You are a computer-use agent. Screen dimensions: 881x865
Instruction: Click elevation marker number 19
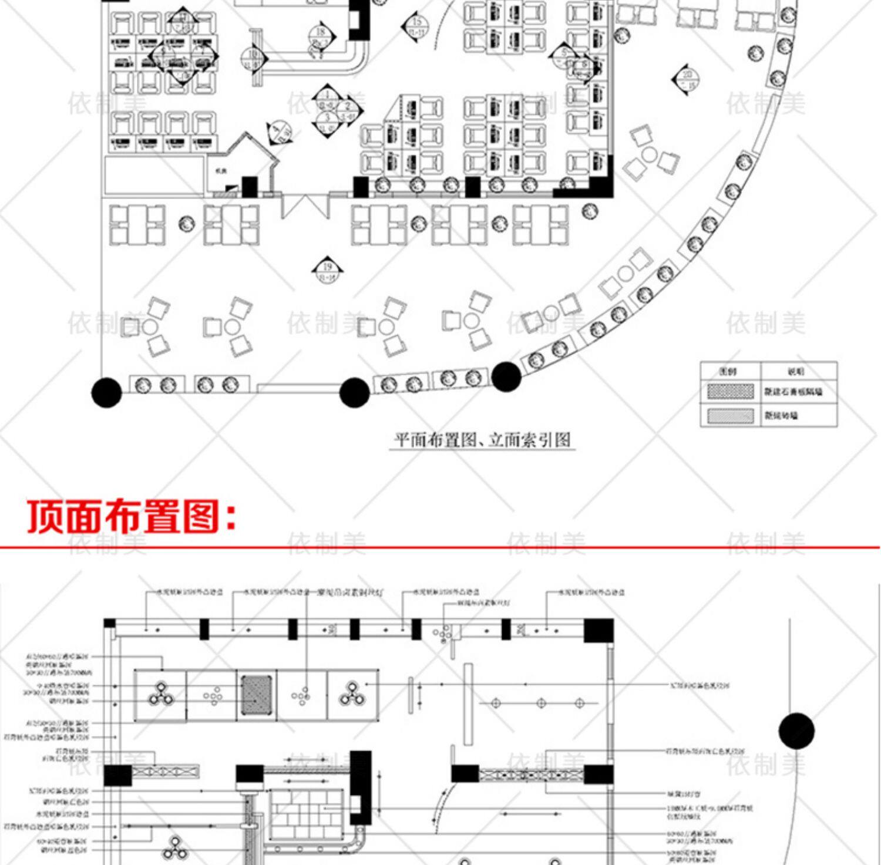click(327, 270)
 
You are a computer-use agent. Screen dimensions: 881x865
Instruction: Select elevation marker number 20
click(687, 79)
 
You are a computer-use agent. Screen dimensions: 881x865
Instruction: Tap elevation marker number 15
click(416, 26)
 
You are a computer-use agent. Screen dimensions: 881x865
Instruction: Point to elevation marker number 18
click(320, 37)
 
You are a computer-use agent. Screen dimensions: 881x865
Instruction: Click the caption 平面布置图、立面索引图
click(482, 440)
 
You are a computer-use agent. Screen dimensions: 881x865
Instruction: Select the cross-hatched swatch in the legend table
click(730, 392)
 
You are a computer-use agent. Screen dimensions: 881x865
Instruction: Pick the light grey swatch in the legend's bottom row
click(730, 416)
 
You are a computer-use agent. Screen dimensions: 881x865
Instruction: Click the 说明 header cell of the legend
click(797, 371)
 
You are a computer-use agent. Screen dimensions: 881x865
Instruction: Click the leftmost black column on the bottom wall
click(106, 392)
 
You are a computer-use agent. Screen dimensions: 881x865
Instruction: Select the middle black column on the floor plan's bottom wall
click(354, 392)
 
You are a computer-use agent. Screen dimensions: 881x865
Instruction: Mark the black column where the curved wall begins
click(506, 377)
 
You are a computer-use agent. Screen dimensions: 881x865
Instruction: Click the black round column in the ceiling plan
click(796, 731)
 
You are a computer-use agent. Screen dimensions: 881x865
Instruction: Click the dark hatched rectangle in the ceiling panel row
click(257, 695)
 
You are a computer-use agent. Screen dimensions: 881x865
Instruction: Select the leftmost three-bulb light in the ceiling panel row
click(160, 694)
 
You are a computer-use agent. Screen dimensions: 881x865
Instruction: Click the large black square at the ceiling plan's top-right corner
click(598, 631)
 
